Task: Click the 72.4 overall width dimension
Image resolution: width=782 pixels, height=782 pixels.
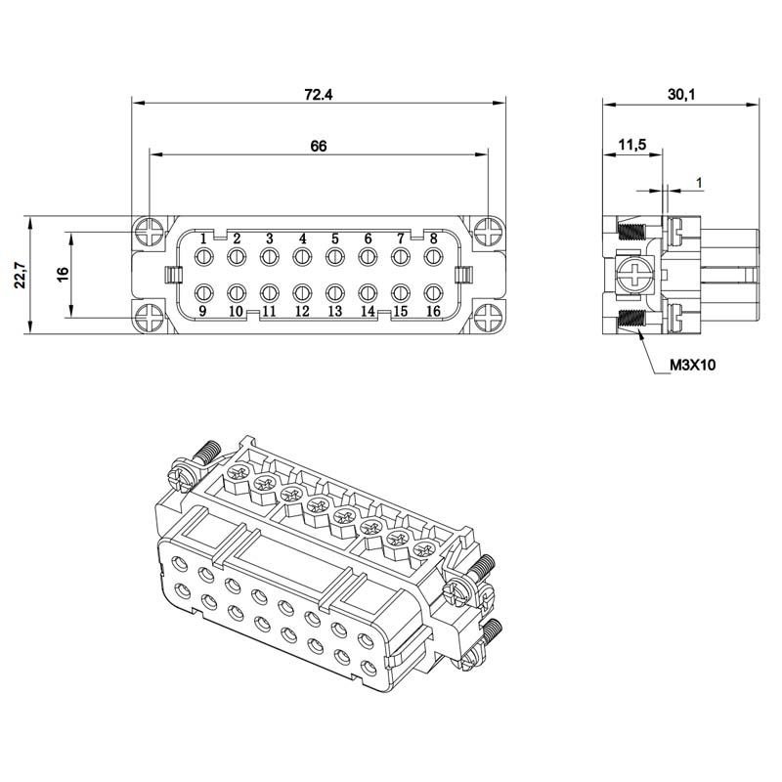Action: (x=319, y=94)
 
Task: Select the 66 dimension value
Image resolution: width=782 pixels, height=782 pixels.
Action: (x=319, y=146)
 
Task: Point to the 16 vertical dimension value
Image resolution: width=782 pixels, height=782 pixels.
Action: (x=64, y=275)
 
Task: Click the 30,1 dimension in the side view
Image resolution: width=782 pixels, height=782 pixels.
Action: (x=681, y=94)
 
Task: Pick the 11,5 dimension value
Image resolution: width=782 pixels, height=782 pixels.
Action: (x=632, y=145)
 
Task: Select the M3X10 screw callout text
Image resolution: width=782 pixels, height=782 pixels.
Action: (x=692, y=365)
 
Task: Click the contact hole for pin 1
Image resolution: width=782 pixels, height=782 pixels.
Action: (x=203, y=257)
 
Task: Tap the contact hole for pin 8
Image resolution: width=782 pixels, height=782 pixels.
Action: (x=433, y=257)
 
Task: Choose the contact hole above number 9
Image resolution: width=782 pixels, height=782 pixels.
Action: (x=203, y=292)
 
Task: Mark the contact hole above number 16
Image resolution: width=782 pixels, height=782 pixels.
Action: (x=433, y=292)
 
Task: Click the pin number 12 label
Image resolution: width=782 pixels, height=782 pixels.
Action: (x=302, y=311)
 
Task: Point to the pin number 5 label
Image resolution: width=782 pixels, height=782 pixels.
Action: (x=335, y=239)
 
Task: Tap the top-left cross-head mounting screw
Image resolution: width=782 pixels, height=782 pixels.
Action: (x=151, y=232)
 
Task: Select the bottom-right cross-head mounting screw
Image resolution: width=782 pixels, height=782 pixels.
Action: (x=487, y=319)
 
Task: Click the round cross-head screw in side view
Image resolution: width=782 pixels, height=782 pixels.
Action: (x=634, y=275)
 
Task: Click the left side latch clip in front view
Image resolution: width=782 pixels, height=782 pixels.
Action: (x=172, y=275)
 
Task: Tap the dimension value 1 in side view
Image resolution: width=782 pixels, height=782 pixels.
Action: (x=699, y=183)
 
